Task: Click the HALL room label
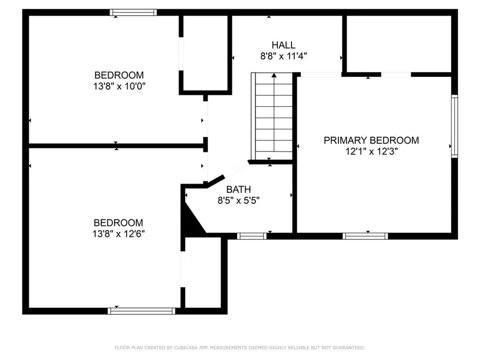(284, 45)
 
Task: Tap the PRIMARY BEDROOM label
(371, 140)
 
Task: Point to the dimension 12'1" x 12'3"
(371, 151)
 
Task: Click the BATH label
(239, 189)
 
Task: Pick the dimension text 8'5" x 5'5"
(239, 201)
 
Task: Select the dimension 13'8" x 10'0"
(119, 86)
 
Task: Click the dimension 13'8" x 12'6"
(119, 234)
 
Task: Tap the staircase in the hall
(274, 117)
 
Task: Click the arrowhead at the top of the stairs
(274, 75)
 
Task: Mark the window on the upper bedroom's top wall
(134, 13)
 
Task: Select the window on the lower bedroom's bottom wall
(141, 310)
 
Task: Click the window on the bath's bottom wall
(252, 236)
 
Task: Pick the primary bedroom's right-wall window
(454, 126)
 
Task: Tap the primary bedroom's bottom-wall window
(365, 236)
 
